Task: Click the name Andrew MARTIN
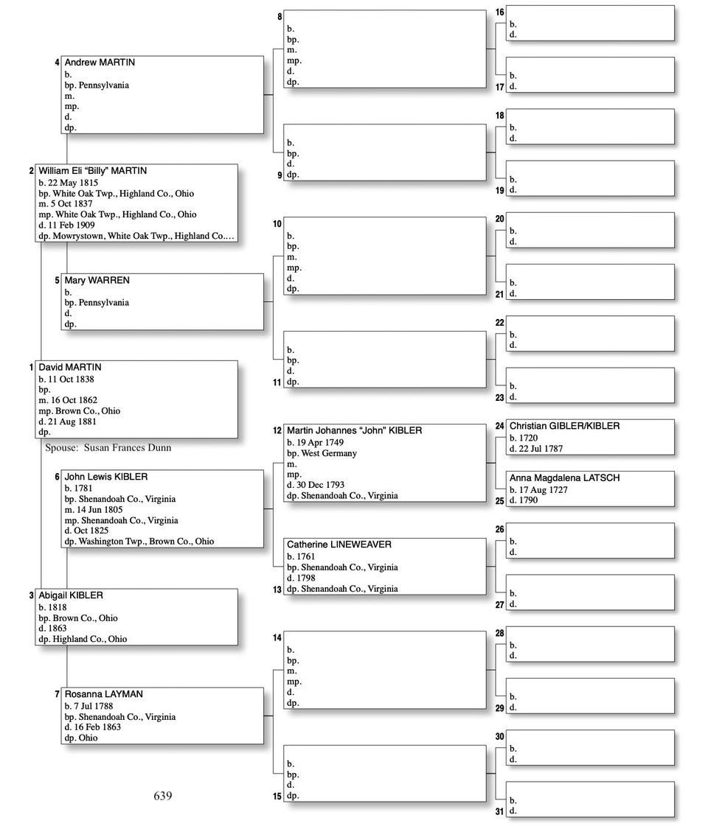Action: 100,63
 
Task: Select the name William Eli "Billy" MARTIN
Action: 92,171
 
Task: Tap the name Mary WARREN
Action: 97,281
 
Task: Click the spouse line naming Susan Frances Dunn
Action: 108,447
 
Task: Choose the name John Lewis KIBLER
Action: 105,477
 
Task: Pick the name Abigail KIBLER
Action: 71,595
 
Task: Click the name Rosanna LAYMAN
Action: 103,694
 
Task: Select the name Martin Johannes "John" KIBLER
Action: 354,430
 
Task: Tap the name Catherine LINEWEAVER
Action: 339,545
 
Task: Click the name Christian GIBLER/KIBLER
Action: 564,426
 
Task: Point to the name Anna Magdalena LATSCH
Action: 564,478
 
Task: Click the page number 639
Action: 163,796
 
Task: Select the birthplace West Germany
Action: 328,453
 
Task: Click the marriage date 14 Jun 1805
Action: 98,509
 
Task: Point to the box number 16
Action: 500,13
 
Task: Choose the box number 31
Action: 500,812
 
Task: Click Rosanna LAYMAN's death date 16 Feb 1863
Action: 97,727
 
